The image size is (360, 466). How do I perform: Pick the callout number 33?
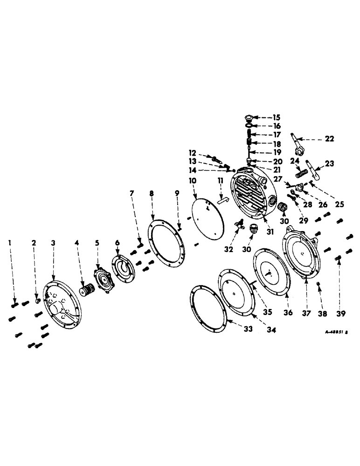coord(247,329)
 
